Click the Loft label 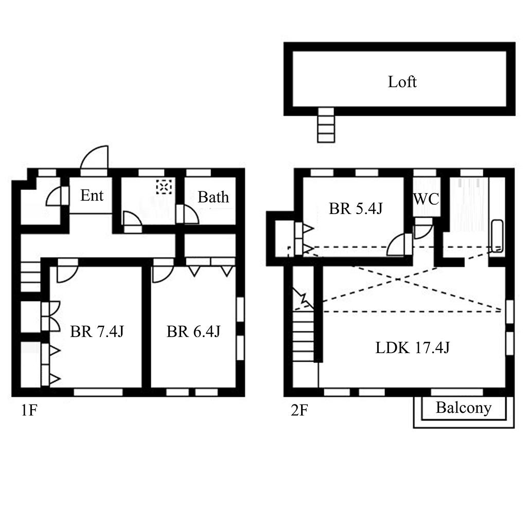coord(402,82)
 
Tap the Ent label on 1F coord(92,195)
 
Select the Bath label coord(213,197)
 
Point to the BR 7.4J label coord(97,331)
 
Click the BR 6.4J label coord(194,331)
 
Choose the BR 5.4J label coord(356,208)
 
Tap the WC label coord(426,199)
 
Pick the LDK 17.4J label coord(412,347)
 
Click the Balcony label coord(464,408)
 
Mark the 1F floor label coord(29,410)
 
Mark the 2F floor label coord(299,410)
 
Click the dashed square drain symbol coord(164,186)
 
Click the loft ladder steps coord(326,125)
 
